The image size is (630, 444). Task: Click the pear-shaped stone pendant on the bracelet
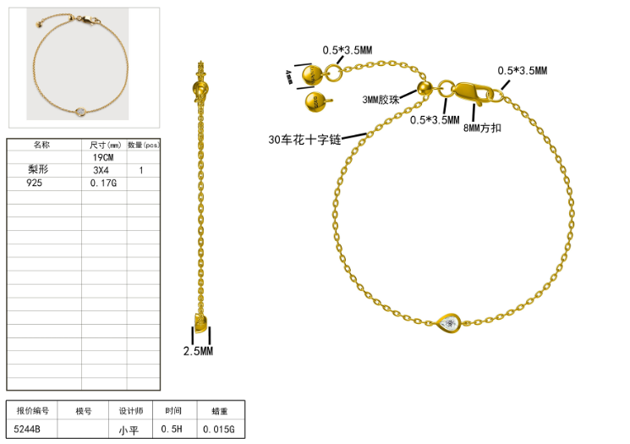pos(449,323)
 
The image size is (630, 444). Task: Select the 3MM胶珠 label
pos(381,99)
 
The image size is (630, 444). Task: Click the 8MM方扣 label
pos(484,128)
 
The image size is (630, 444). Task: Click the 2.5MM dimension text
pos(200,350)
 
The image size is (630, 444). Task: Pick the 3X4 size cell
pos(101,170)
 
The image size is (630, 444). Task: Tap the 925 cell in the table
pos(35,183)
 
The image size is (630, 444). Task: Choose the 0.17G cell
pos(102,183)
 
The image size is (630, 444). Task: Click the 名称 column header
pos(41,145)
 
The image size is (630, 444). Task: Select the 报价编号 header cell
pos(33,411)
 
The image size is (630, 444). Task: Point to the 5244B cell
pos(28,430)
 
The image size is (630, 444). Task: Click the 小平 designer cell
pos(129,430)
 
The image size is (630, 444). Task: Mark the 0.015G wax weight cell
pos(219,430)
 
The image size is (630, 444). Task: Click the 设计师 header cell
pos(129,411)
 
